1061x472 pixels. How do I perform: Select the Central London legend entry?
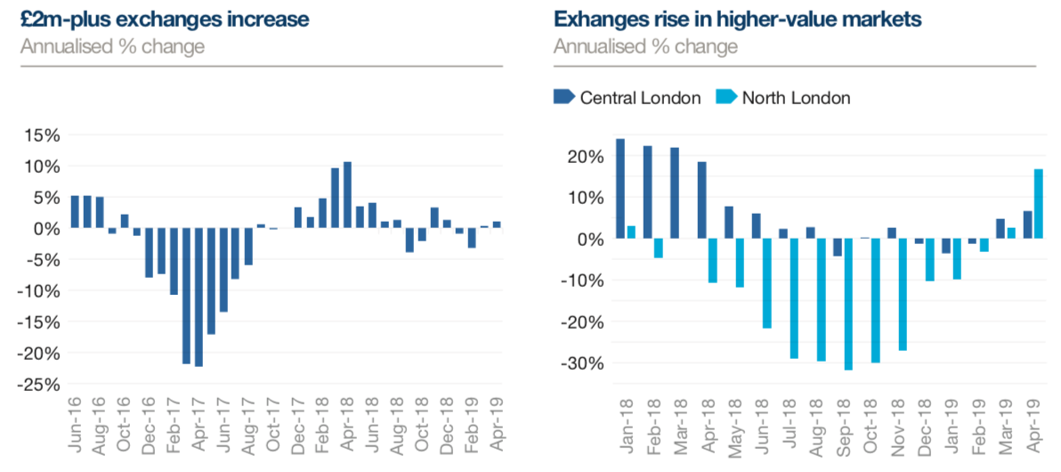[628, 97]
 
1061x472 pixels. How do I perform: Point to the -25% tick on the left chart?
[40, 385]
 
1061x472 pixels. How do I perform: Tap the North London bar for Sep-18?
[847, 304]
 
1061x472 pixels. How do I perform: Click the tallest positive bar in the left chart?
[348, 195]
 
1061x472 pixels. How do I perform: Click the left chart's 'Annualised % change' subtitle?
[112, 46]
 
